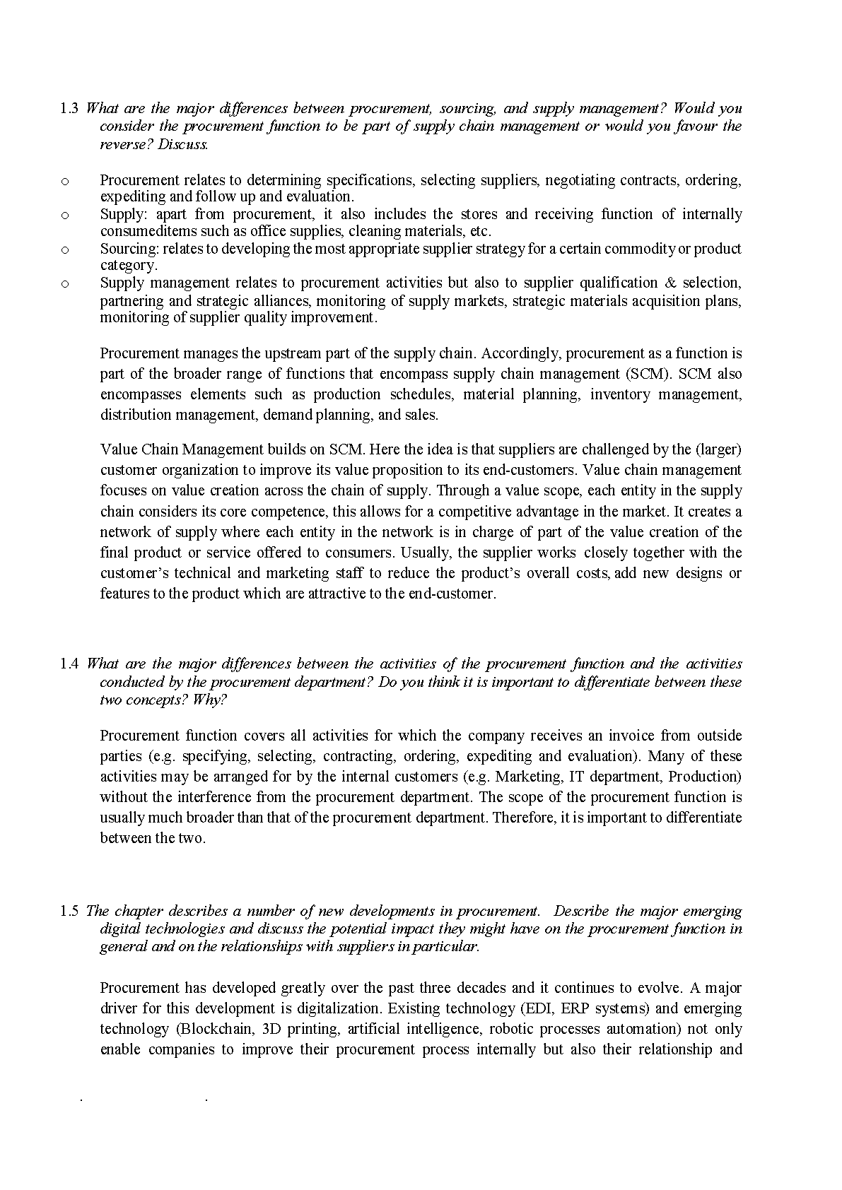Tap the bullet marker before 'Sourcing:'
pyautogui.click(x=65, y=249)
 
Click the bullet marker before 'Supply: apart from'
pyautogui.click(x=65, y=215)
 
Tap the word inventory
pyautogui.click(x=620, y=394)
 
